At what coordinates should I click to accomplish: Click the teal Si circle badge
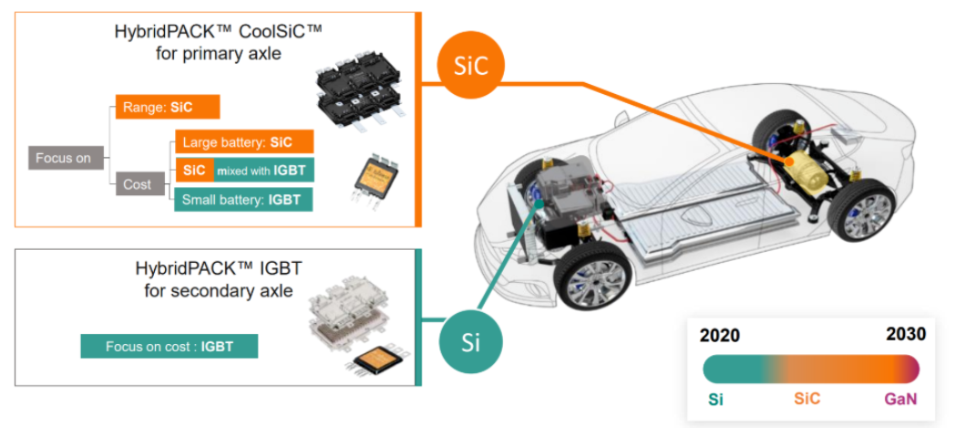pos(470,341)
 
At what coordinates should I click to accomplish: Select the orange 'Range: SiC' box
pos(168,107)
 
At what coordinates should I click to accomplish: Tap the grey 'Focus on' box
pos(63,158)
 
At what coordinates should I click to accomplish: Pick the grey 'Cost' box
pos(137,184)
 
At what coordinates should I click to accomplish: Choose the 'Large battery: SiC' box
pos(243,142)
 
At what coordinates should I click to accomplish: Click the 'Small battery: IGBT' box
pos(243,199)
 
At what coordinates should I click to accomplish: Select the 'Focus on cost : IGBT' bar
pos(169,347)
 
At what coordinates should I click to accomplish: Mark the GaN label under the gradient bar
pos(900,400)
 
